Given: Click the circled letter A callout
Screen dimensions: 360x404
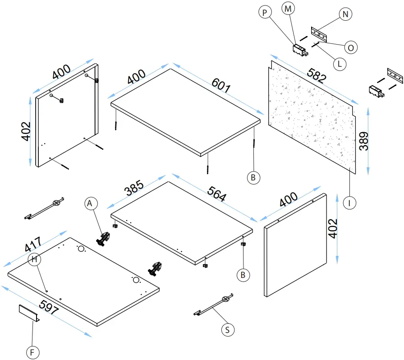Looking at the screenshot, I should click(x=91, y=204).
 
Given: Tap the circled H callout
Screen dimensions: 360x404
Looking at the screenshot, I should click(x=34, y=259).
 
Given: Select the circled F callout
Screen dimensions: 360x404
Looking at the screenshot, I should click(x=32, y=351).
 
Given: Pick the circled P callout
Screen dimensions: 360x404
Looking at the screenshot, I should click(x=266, y=13).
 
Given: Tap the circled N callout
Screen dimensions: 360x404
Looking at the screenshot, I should click(x=345, y=14).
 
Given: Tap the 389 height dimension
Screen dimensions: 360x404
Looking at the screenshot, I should click(x=364, y=141).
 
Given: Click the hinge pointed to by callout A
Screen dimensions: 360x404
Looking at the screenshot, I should click(x=104, y=238).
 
